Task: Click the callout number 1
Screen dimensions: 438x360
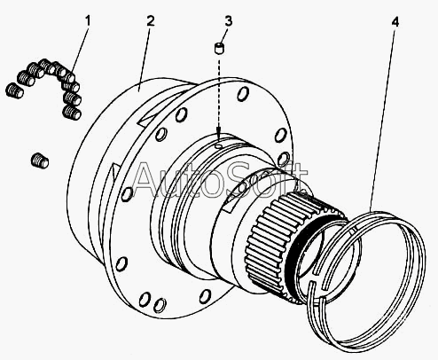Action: (88, 21)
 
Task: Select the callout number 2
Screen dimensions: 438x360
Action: (151, 21)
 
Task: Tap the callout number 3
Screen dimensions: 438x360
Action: (229, 21)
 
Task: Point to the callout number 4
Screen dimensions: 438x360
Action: (395, 22)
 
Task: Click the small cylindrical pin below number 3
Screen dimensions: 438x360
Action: (219, 48)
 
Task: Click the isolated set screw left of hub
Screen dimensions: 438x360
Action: (40, 160)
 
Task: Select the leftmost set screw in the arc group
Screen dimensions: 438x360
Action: (14, 90)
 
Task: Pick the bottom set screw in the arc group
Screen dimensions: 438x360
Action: (72, 113)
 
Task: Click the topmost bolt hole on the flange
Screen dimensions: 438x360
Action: (243, 94)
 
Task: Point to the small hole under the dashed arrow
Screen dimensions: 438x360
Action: (218, 146)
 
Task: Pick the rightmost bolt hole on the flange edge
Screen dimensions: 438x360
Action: (284, 159)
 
